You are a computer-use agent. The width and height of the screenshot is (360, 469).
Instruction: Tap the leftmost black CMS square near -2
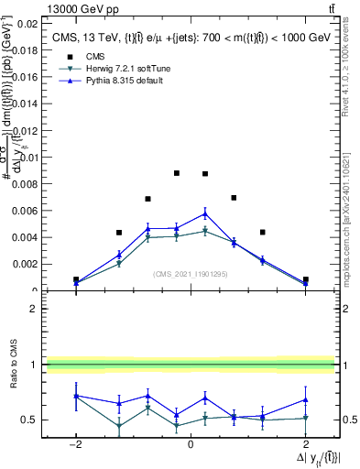click(x=76, y=279)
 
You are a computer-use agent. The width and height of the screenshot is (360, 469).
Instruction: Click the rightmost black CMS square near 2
click(x=305, y=279)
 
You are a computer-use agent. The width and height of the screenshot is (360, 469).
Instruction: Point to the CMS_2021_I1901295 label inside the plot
click(x=191, y=273)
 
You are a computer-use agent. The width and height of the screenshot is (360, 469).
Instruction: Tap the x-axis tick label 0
click(x=191, y=443)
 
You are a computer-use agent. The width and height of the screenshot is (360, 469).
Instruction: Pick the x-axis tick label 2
click(x=305, y=443)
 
